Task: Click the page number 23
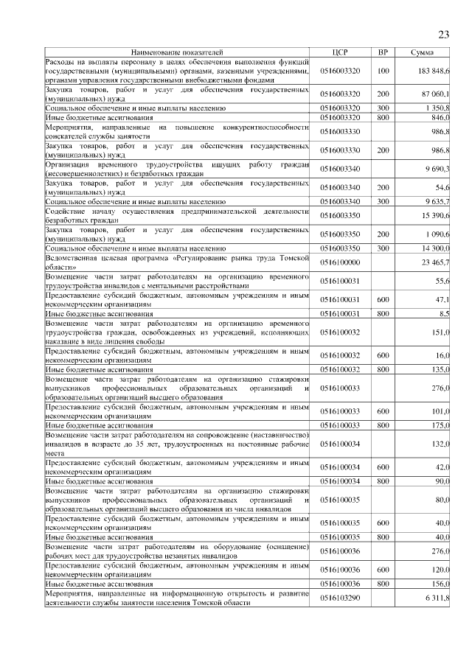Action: (443, 35)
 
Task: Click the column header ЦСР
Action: (340, 53)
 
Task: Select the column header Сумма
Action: (423, 53)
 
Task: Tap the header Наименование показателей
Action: (177, 53)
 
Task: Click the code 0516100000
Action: (340, 262)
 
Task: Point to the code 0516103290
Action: (340, 598)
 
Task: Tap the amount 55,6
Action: (442, 281)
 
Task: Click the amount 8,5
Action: (444, 313)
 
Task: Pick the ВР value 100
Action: (383, 70)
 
